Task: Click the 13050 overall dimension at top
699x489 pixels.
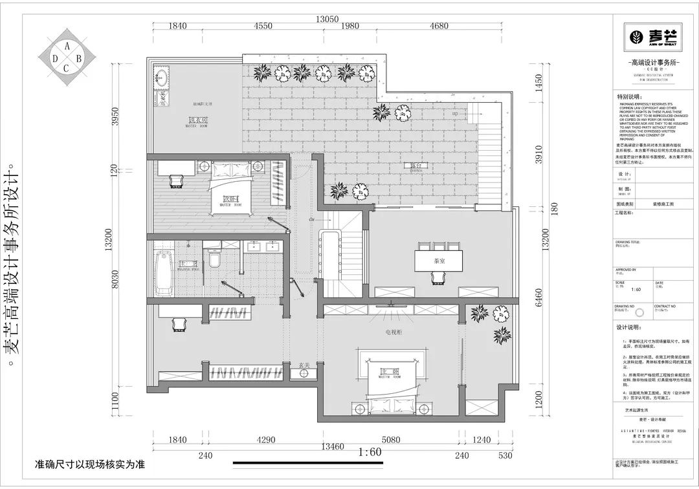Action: (x=327, y=19)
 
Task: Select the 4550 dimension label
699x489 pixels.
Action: (x=263, y=27)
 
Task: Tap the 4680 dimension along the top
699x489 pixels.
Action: (x=438, y=27)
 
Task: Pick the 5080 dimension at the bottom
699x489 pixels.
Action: (x=392, y=439)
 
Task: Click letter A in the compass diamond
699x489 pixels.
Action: (x=67, y=45)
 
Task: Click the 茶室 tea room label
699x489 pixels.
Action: (x=439, y=261)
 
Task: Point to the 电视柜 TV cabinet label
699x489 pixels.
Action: (x=392, y=332)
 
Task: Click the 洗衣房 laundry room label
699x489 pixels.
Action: (x=197, y=121)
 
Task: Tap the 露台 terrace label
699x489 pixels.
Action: (x=416, y=166)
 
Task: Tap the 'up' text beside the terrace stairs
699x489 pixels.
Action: (x=455, y=113)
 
